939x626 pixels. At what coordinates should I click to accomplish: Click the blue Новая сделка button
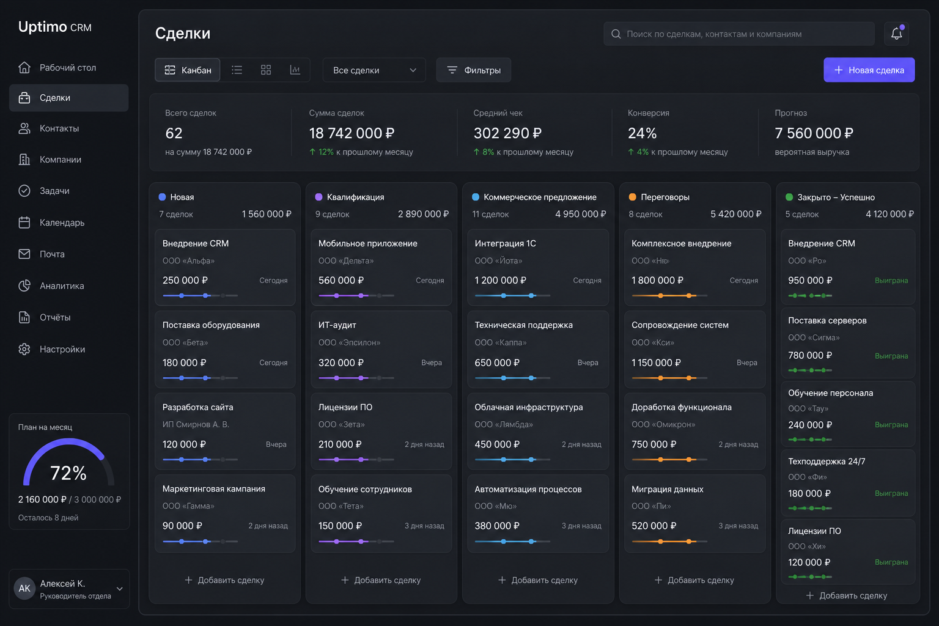coord(869,70)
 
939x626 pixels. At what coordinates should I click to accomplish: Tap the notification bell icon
coord(896,34)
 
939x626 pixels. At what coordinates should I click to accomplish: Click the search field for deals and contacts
coord(738,34)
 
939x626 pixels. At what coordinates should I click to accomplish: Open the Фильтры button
coord(474,70)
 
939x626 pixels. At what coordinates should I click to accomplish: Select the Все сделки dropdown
coord(374,70)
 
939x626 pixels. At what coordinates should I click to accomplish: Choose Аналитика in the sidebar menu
coord(62,286)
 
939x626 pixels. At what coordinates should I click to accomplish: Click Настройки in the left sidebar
coord(62,349)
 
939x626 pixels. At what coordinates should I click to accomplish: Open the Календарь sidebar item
coord(62,223)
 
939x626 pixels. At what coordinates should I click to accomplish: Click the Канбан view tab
coord(188,70)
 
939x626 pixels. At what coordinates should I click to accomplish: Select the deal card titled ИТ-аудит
coord(381,349)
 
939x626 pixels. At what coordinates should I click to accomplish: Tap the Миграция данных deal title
coord(668,489)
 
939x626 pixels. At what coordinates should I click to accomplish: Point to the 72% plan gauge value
coord(68,473)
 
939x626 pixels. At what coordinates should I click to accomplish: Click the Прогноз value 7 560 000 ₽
coord(814,133)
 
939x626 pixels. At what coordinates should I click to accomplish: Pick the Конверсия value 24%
coord(643,133)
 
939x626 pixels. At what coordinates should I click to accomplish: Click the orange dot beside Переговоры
coord(633,197)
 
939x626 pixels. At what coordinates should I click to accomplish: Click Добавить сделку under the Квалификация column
coord(381,580)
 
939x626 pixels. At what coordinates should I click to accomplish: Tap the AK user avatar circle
coord(24,589)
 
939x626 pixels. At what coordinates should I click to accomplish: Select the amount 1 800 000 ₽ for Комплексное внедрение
coord(657,281)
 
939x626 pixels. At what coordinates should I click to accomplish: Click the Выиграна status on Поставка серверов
coord(891,356)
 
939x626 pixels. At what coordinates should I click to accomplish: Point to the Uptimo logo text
coord(42,27)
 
